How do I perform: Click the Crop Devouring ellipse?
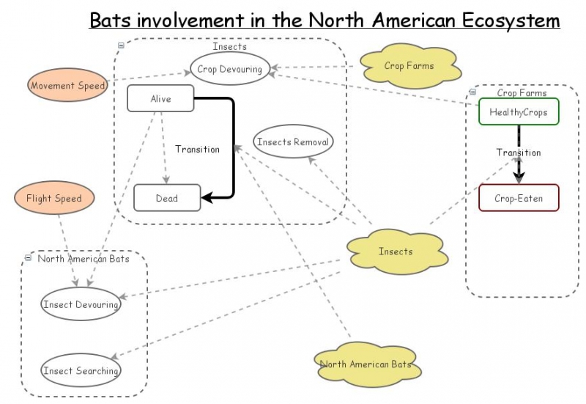229,70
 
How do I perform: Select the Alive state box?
160,99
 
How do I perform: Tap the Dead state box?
166,198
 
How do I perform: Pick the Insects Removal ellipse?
293,142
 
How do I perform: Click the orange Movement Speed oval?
68,86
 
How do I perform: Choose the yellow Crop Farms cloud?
409,66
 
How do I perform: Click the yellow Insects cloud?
395,251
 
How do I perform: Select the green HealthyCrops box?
519,112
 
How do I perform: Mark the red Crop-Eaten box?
519,198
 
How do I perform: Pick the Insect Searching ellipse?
81,371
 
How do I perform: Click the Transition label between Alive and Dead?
197,150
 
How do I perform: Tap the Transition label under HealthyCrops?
518,153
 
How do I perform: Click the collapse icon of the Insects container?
121,45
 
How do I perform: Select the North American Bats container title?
83,259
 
